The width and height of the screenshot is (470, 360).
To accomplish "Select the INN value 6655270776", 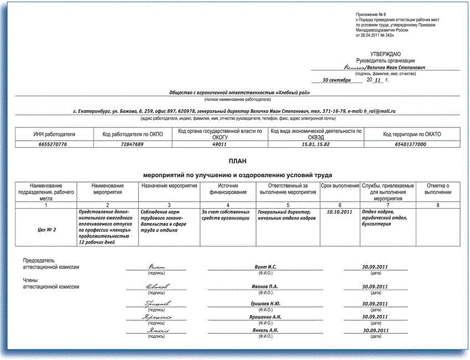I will [x=53, y=144].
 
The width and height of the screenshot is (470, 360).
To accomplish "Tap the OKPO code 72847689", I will [x=132, y=144].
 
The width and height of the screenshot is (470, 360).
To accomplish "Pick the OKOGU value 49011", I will [x=220, y=144].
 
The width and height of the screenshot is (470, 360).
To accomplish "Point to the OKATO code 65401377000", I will [x=411, y=144].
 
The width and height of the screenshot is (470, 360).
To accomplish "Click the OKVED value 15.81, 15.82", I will [x=315, y=144].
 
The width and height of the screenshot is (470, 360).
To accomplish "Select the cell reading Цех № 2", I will [x=47, y=229].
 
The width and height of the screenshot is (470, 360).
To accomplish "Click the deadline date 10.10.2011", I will [x=340, y=212].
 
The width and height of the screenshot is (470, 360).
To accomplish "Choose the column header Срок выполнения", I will [x=340, y=186].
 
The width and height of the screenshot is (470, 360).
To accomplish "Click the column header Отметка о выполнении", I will [x=437, y=189].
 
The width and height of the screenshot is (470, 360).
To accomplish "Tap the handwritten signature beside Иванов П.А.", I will [x=157, y=287].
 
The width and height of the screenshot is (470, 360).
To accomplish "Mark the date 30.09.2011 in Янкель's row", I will [x=375, y=330].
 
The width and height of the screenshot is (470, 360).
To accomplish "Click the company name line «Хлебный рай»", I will [x=239, y=92].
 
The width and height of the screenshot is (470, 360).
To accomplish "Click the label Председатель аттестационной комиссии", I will [x=50, y=264].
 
